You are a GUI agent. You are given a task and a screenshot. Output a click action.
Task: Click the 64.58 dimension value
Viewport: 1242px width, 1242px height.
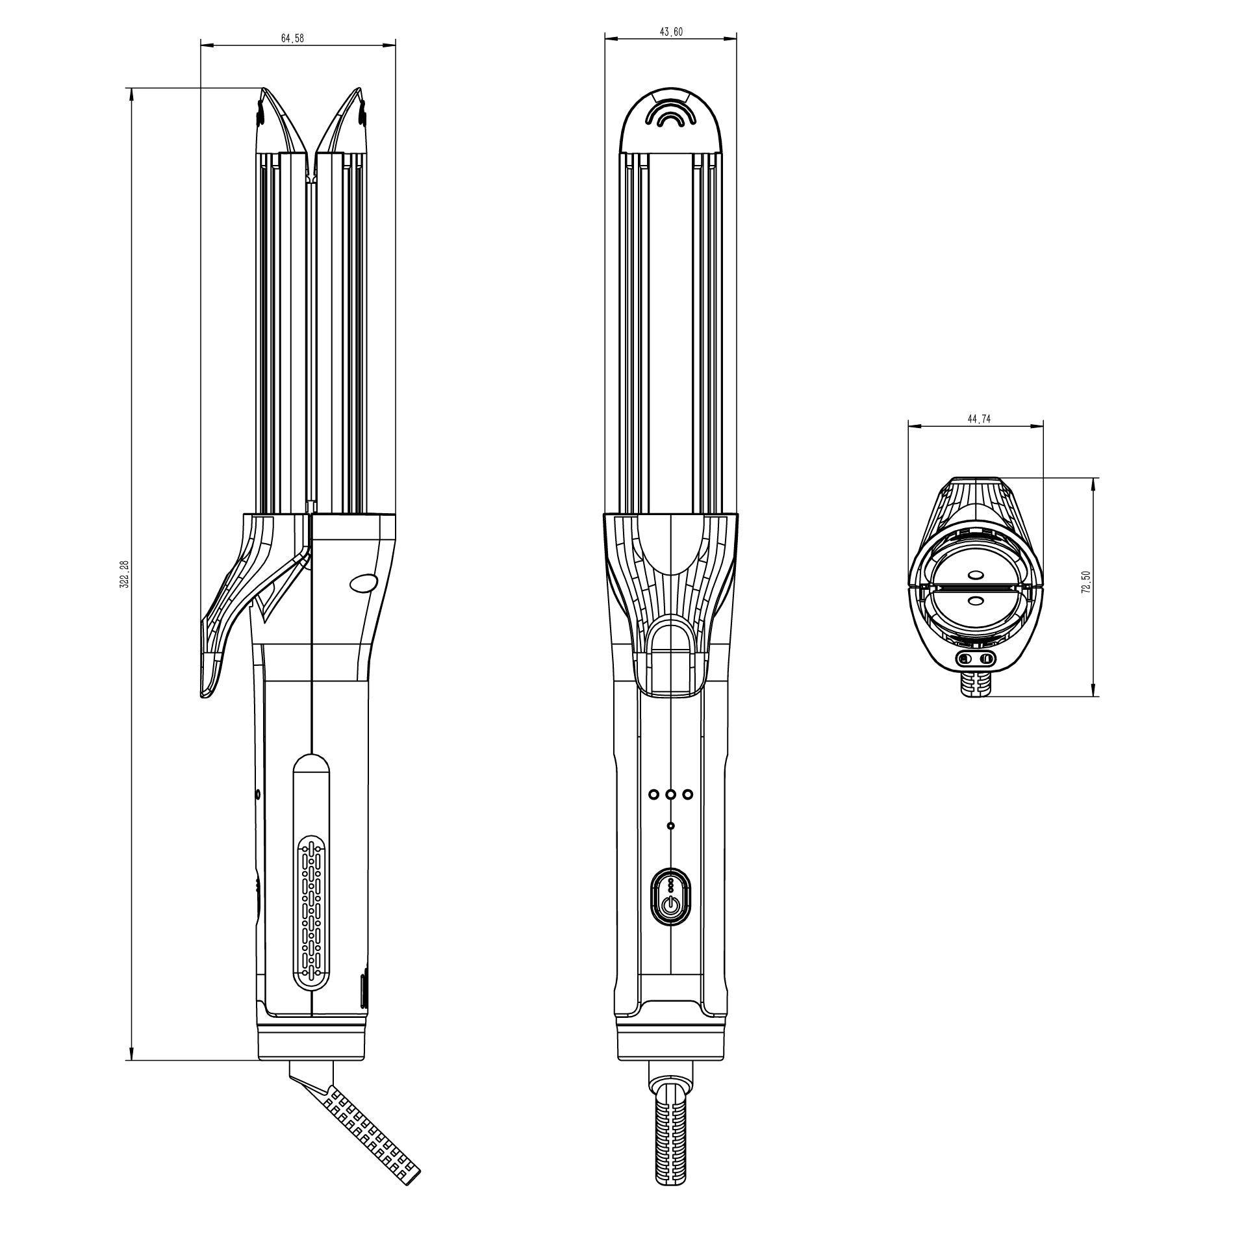point(292,38)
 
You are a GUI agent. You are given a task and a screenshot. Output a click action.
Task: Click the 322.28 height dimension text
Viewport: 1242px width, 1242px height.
point(126,574)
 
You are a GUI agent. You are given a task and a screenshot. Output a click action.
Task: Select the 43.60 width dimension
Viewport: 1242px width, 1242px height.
point(671,32)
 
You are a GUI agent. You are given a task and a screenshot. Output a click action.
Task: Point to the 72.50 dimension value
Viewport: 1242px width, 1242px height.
point(1086,582)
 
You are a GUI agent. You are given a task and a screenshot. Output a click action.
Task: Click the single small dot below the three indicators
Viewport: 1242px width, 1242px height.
point(671,826)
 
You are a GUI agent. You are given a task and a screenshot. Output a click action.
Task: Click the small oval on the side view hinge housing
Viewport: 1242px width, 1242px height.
point(364,583)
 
